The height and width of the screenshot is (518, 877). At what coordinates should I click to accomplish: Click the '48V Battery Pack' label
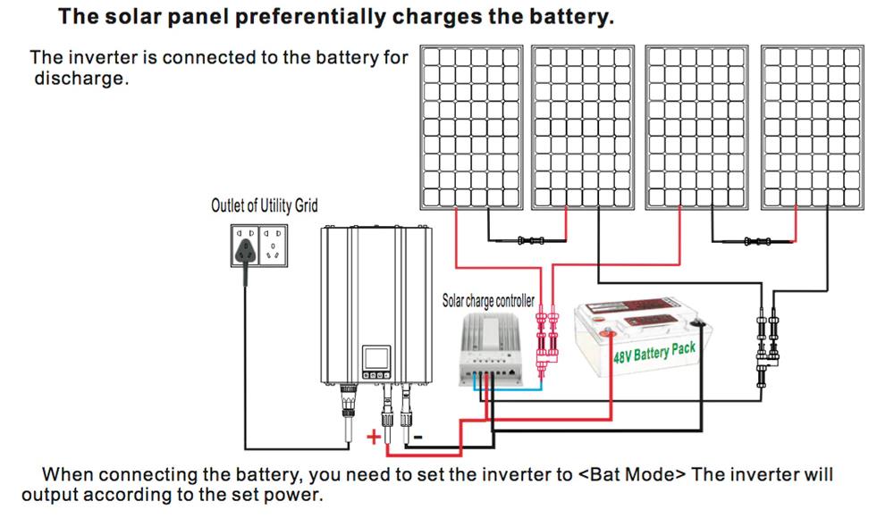[654, 349]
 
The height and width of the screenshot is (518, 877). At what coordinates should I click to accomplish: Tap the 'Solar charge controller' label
[488, 301]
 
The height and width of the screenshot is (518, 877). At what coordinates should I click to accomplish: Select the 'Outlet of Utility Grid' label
[264, 206]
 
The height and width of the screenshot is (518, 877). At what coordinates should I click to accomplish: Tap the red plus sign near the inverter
[375, 438]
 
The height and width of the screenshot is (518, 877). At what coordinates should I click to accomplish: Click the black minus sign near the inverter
[417, 437]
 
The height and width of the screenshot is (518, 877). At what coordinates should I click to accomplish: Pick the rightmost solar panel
[812, 126]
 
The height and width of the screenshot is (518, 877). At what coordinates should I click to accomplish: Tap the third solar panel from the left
[698, 126]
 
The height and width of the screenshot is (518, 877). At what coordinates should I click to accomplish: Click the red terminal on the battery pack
[608, 335]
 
